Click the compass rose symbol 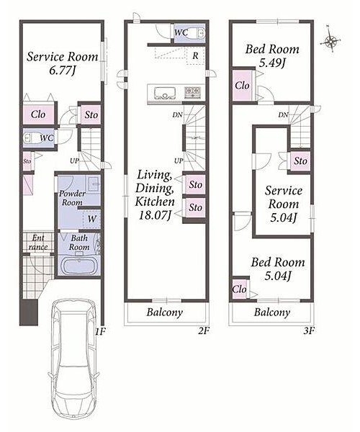click(x=330, y=41)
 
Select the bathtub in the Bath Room click(x=79, y=266)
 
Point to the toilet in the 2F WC click(x=199, y=33)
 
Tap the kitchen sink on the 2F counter click(x=165, y=93)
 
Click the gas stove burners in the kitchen click(x=192, y=91)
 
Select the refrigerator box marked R click(x=196, y=55)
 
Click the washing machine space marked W click(x=91, y=219)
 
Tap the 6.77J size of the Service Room click(x=62, y=70)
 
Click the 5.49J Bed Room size click(x=272, y=63)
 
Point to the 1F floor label click(x=100, y=331)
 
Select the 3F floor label click(x=309, y=330)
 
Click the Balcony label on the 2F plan click(x=165, y=312)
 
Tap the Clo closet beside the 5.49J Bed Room click(x=243, y=86)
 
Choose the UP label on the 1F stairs click(x=74, y=161)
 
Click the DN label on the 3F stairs click(x=283, y=115)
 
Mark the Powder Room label click(x=71, y=198)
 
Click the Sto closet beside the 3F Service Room click(x=300, y=161)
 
